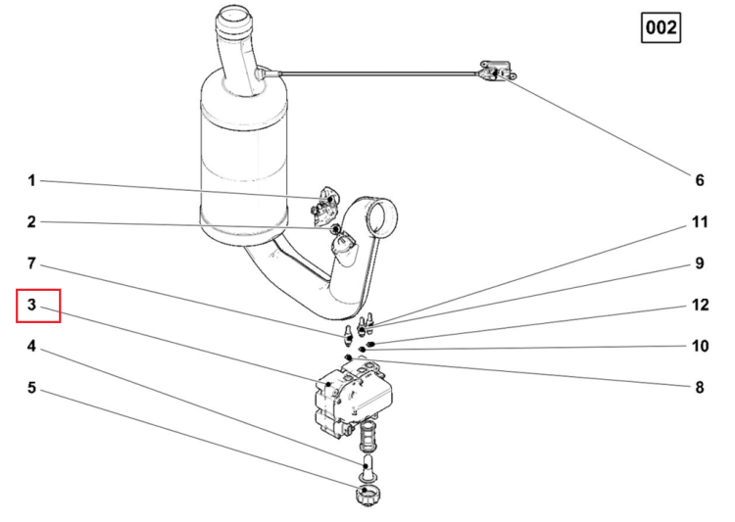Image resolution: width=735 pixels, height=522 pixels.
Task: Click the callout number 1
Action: (31, 180)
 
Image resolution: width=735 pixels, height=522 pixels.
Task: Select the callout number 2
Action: (31, 221)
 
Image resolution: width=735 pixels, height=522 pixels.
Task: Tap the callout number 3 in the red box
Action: (31, 305)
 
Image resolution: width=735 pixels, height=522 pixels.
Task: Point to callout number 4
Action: (31, 347)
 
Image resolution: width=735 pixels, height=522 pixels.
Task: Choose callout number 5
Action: (31, 388)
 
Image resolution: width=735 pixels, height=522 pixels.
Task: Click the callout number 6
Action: (700, 180)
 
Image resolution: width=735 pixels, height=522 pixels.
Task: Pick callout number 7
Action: (31, 263)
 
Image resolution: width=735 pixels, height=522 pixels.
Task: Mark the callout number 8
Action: (700, 388)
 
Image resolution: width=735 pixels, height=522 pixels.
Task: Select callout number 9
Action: (700, 263)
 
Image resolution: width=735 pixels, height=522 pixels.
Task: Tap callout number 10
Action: (700, 347)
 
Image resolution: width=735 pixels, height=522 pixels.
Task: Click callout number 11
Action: (700, 221)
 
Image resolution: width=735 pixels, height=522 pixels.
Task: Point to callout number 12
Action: (700, 305)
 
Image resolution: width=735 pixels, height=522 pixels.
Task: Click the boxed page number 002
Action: (661, 27)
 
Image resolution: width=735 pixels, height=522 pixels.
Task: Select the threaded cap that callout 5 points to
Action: (367, 495)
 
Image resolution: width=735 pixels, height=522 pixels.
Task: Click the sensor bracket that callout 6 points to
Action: (498, 71)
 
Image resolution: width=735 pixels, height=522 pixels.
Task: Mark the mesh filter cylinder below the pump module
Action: (367, 435)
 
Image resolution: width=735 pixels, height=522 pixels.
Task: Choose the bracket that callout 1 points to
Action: (324, 206)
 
